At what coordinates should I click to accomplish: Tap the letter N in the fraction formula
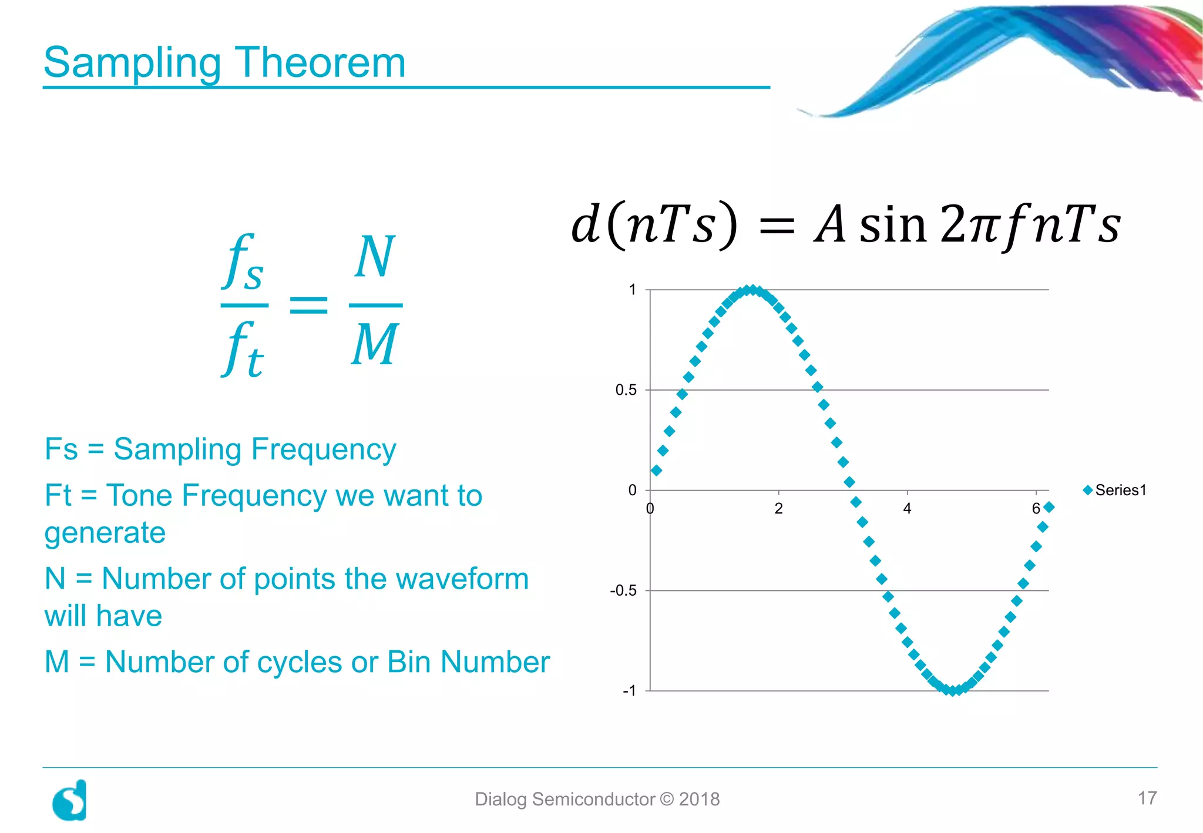375,257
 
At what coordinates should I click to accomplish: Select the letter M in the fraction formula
375,345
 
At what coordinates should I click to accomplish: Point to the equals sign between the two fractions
309,305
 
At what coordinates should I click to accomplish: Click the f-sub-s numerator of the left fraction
244,263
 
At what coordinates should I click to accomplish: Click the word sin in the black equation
893,225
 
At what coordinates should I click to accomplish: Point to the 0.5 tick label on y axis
626,390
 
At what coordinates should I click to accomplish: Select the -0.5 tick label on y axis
623,590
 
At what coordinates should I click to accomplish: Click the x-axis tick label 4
907,509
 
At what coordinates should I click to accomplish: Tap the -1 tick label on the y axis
629,691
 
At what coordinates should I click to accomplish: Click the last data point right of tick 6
1049,507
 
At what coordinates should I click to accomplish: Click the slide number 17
1147,798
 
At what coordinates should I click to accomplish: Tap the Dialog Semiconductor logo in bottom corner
70,801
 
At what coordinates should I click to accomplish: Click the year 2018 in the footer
699,800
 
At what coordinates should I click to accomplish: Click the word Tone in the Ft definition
141,495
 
